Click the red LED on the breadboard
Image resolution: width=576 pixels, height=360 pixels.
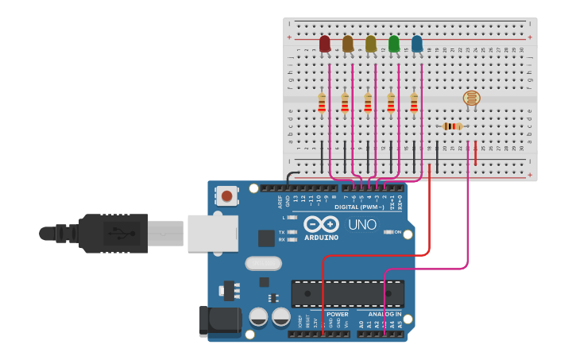click(x=324, y=44)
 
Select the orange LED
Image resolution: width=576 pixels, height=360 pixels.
click(x=347, y=44)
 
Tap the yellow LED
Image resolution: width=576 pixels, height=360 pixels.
click(x=370, y=44)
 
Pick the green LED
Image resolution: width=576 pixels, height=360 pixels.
click(x=393, y=44)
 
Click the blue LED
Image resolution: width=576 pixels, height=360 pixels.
click(x=416, y=44)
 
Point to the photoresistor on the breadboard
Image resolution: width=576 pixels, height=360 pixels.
click(x=471, y=98)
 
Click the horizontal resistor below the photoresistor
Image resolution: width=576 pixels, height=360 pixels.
click(x=452, y=126)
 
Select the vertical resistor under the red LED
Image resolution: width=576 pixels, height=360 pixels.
click(x=322, y=103)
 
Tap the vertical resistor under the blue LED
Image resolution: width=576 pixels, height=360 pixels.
click(x=414, y=103)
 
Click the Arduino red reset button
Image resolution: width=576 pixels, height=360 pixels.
click(x=227, y=195)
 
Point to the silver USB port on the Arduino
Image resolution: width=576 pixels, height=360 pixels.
click(x=212, y=233)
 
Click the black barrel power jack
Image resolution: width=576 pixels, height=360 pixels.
click(x=218, y=320)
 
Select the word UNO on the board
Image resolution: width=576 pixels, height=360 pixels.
click(x=361, y=225)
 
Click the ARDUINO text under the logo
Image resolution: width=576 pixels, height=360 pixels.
click(x=321, y=238)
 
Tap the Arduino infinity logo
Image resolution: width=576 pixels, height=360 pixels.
click(x=321, y=223)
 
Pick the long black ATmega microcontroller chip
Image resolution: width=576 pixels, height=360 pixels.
click(x=347, y=293)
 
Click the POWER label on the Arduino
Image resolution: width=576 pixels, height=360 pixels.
click(x=337, y=314)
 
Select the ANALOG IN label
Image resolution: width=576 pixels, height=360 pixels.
click(x=385, y=314)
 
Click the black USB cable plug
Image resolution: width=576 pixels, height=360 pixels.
click(x=111, y=233)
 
